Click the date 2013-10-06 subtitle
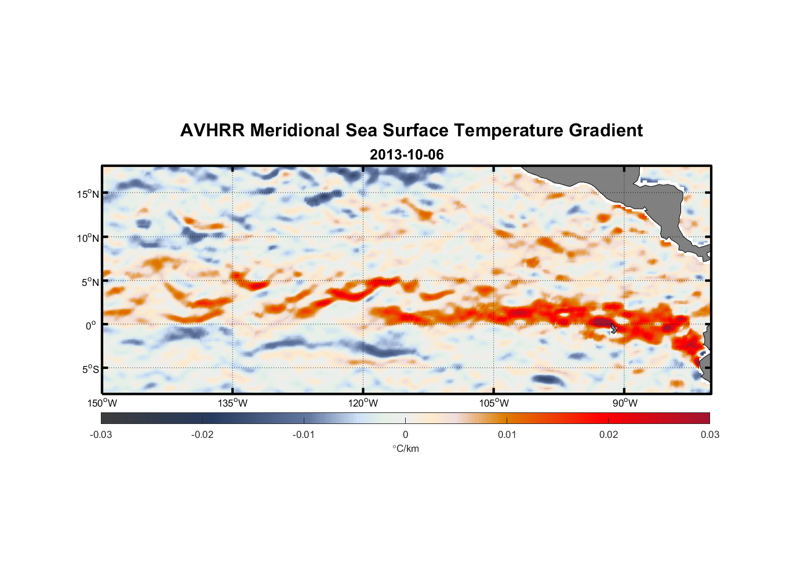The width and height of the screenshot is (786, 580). point(406,155)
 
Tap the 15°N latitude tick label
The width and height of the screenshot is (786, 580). point(88,194)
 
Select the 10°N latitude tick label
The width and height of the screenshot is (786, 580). point(88,238)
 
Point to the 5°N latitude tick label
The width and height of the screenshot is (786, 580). point(90,282)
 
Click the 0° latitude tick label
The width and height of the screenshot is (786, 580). point(91,326)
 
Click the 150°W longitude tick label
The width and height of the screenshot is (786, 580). point(102,403)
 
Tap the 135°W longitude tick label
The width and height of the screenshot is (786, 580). point(232,403)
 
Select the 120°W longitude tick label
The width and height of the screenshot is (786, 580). point(363,403)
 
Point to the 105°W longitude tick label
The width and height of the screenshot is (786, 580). point(494,403)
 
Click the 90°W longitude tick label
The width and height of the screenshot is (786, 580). point(624,403)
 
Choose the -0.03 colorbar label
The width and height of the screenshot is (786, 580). point(101,434)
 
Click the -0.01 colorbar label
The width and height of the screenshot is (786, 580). point(304,434)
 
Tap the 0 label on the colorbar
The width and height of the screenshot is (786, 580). point(405,434)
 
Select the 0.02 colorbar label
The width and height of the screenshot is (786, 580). point(608,434)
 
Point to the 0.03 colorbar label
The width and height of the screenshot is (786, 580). point(709,434)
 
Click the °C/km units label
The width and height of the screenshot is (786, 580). point(406,448)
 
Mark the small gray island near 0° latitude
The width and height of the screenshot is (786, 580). point(613,328)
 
